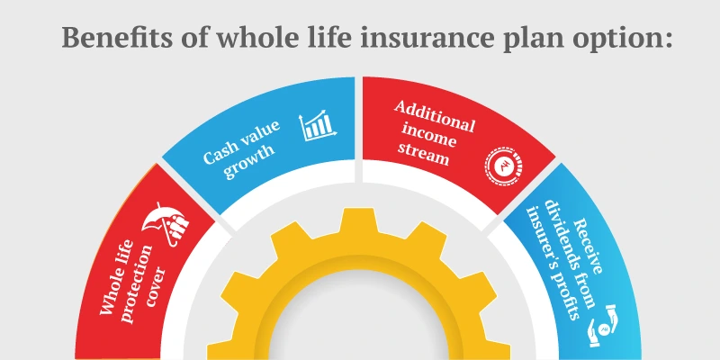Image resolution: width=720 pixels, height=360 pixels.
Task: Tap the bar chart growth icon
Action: [x=316, y=126]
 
